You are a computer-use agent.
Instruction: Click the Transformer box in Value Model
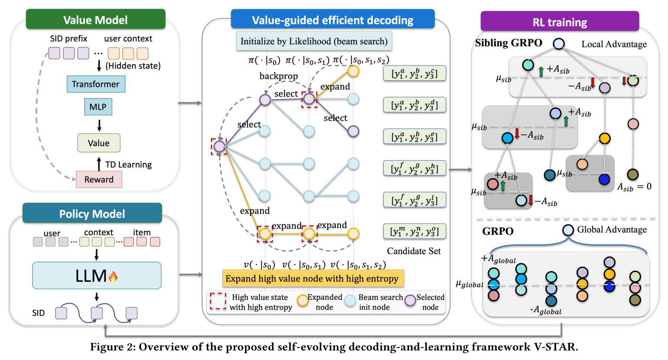[x=96, y=84]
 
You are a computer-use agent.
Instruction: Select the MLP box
[x=98, y=107]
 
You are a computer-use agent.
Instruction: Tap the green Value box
[x=99, y=143]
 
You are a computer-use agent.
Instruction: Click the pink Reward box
[x=99, y=180]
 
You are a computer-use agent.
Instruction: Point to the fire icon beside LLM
[x=113, y=277]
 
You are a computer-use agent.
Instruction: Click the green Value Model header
[x=95, y=20]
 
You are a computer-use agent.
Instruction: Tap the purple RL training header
[x=560, y=22]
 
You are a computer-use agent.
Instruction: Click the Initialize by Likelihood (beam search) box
[x=314, y=41]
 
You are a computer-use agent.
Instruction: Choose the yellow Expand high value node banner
[x=313, y=278]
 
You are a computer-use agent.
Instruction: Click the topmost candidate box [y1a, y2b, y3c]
[x=414, y=73]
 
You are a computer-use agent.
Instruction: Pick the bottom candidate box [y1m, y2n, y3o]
[x=414, y=231]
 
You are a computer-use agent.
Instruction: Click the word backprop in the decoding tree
[x=279, y=76]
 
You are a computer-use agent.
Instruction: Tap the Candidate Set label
[x=414, y=251]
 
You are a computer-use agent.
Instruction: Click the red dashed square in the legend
[x=218, y=301]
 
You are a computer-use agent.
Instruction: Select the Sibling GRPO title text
[x=508, y=43]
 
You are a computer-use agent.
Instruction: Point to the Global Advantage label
[x=612, y=229]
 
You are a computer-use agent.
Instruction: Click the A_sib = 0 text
[x=634, y=187]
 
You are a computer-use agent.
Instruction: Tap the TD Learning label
[x=129, y=164]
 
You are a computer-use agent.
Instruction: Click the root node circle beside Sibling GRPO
[x=559, y=43]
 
